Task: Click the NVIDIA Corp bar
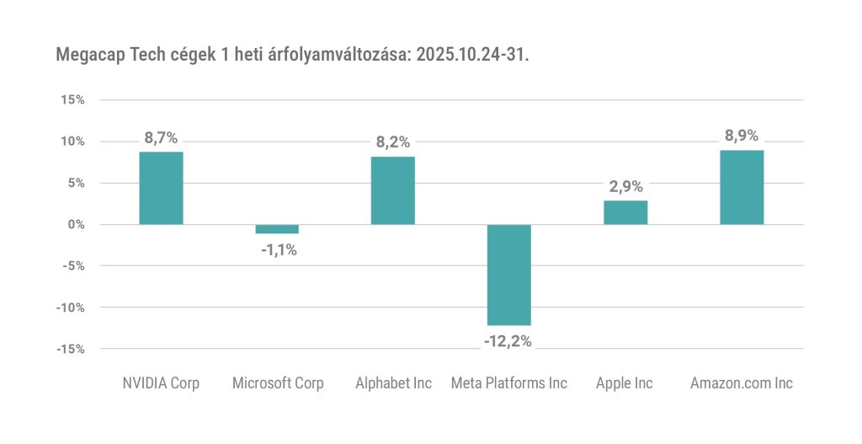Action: (x=161, y=188)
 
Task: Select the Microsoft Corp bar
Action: (x=277, y=229)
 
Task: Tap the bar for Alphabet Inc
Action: (x=393, y=190)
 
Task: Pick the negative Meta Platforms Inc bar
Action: (x=509, y=275)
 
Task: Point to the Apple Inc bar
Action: (x=625, y=212)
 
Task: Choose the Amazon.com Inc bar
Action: (x=742, y=187)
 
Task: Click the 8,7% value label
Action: (x=161, y=138)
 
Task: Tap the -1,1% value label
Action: (x=277, y=249)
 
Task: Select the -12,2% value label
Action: (x=508, y=341)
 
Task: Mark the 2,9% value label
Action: (x=625, y=187)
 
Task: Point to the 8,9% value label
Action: (x=742, y=136)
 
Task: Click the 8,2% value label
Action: (x=393, y=142)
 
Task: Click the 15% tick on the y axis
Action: (x=73, y=99)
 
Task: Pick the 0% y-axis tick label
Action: (x=76, y=224)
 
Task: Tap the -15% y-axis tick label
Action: (x=71, y=349)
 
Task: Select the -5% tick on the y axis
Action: (x=73, y=265)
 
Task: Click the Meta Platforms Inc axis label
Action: (x=509, y=383)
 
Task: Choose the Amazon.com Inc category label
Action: (x=742, y=383)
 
